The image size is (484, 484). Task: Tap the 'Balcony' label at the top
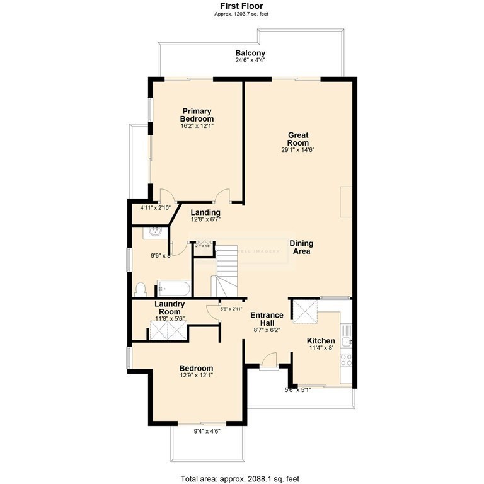tap(250, 54)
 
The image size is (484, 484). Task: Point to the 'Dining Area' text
tap(301, 247)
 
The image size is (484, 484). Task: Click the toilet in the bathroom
tap(141, 289)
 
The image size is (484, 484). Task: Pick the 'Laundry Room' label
tap(170, 307)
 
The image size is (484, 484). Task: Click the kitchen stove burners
tap(346, 359)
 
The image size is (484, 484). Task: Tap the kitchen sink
tap(346, 342)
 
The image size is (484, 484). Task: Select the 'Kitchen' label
tap(321, 341)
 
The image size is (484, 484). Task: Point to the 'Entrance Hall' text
tap(267, 319)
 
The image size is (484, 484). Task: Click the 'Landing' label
tap(205, 213)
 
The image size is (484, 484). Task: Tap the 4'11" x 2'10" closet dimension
tap(155, 207)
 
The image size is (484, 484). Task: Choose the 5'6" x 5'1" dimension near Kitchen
tap(298, 390)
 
